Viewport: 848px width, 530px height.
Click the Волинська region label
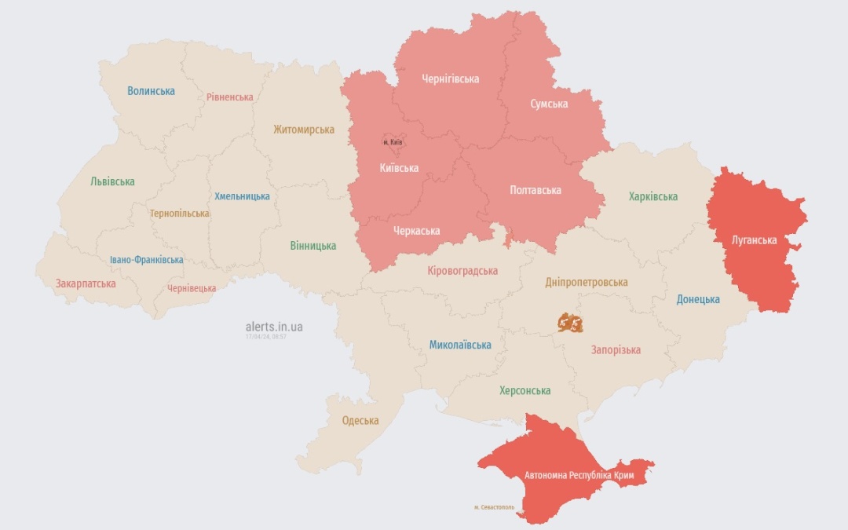[151, 91]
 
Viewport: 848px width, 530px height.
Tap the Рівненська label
[229, 97]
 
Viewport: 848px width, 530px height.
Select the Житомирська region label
[303, 130]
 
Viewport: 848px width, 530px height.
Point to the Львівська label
[112, 181]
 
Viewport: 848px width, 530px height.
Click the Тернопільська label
[180, 214]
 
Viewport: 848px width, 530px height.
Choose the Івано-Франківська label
[146, 260]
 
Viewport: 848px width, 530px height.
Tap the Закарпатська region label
[86, 283]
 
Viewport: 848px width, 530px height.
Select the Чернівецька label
[192, 288]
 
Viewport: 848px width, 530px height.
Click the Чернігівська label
[450, 79]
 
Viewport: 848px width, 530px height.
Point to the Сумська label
[549, 104]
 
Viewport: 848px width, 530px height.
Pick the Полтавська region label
[535, 190]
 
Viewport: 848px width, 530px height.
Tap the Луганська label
[754, 240]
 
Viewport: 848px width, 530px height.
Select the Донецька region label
[698, 299]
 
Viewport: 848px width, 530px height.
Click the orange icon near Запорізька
[570, 322]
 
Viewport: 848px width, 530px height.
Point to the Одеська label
[360, 421]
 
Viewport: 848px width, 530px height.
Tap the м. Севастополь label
[494, 507]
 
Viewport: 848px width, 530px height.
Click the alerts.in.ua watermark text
[274, 326]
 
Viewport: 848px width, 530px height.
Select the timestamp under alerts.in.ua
[265, 336]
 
